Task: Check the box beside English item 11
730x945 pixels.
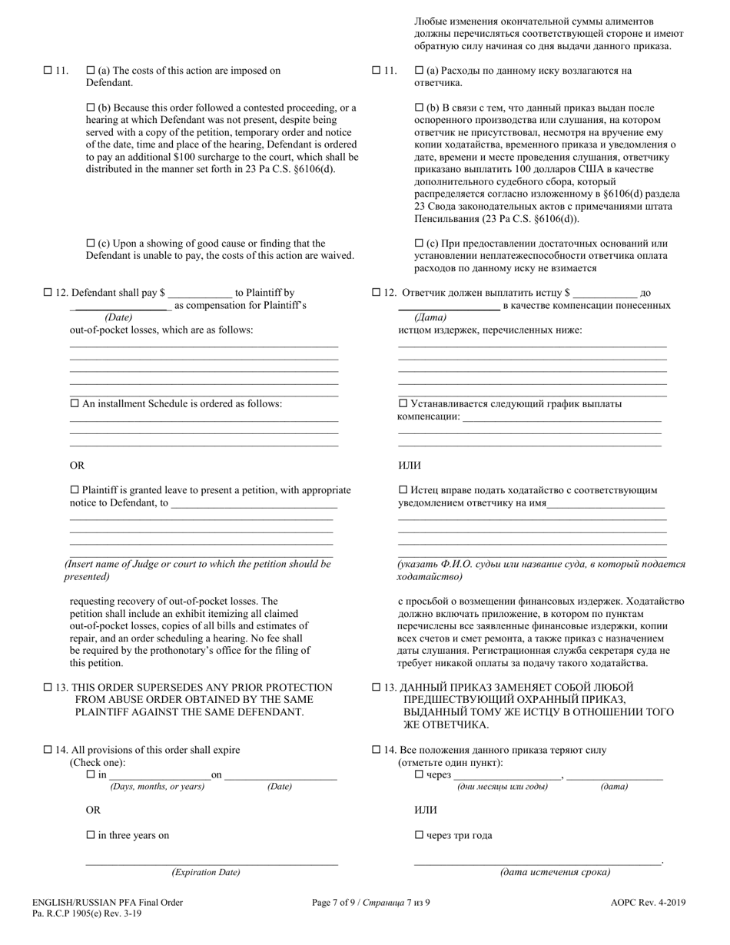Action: coord(48,71)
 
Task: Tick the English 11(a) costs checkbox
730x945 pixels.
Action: coord(91,71)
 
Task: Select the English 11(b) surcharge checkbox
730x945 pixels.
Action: coord(91,108)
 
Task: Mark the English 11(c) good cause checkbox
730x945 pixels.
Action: coord(91,244)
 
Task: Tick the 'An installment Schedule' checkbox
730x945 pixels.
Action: coord(75,403)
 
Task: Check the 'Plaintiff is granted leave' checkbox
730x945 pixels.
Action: coord(75,490)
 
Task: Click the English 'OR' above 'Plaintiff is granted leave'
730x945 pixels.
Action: coord(78,466)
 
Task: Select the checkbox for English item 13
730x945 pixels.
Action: coord(48,688)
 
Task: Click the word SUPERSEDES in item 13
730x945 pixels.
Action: coord(161,688)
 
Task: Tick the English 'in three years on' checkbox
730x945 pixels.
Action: coord(91,835)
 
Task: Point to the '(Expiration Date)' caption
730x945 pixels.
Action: coord(206,872)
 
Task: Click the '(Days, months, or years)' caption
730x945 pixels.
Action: coord(158,787)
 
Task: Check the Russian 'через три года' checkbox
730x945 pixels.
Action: coord(419,835)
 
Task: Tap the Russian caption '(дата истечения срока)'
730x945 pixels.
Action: coord(555,872)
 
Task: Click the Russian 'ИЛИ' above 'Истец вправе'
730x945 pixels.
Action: coord(409,466)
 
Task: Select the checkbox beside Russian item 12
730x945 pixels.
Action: coord(377,293)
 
